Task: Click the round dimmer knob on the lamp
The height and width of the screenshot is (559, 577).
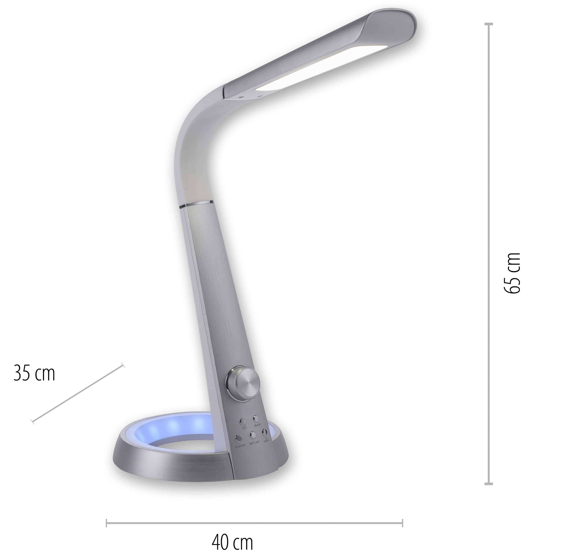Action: (x=243, y=384)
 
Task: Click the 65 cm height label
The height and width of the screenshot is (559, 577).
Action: (x=512, y=273)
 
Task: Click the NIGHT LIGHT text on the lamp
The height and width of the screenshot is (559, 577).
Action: (x=254, y=443)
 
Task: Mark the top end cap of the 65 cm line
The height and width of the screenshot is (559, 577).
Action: (x=488, y=24)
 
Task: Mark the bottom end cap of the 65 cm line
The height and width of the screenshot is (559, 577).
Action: (x=488, y=484)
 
